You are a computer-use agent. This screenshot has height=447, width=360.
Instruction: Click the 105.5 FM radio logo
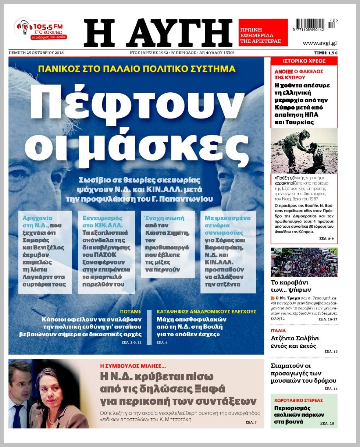40,29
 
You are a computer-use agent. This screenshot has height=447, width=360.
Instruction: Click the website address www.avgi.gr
320,43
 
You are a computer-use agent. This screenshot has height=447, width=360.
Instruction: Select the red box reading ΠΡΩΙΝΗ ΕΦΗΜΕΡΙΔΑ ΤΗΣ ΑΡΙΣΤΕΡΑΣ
263,33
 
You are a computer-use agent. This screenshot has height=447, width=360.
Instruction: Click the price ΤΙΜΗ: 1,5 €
326,53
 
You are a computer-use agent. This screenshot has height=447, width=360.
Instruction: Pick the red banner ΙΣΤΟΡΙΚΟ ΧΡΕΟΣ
304,61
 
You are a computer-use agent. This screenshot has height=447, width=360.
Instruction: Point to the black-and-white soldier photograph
304,150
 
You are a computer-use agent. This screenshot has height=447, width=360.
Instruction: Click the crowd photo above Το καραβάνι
304,262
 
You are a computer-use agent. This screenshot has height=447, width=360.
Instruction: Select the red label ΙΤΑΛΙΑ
278,331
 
